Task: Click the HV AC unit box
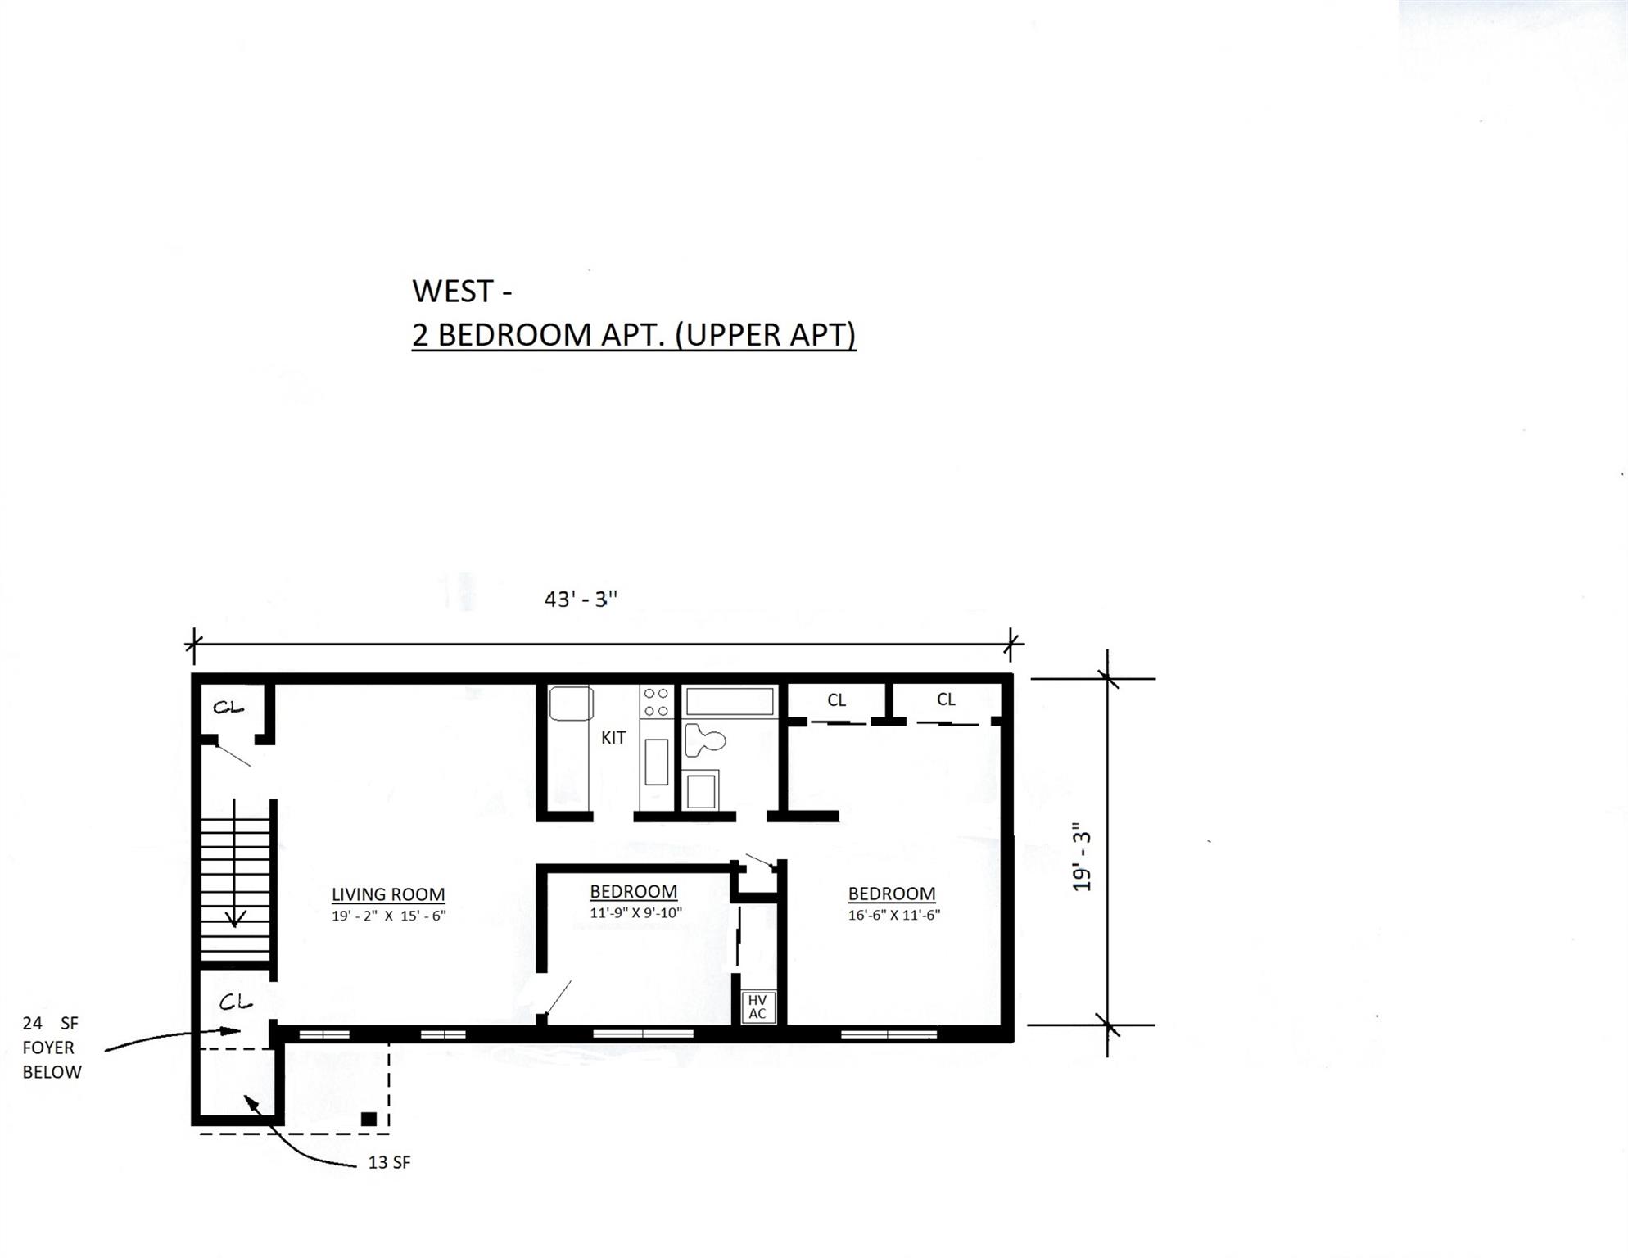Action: point(757,1007)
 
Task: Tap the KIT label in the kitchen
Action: point(613,738)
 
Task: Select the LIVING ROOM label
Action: point(388,894)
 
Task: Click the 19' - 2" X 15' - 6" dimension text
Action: point(388,916)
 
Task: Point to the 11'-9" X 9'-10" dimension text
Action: point(635,912)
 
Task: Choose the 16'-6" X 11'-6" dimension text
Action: point(893,915)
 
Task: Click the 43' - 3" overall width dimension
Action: point(581,600)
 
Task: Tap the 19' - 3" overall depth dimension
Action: point(1082,857)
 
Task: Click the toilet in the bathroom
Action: point(703,740)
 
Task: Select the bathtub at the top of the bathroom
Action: point(729,702)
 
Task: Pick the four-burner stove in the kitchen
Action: point(656,702)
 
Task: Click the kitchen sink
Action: point(571,704)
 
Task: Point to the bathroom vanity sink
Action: point(701,790)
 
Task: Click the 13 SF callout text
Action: point(389,1162)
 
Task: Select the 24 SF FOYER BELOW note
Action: point(52,1048)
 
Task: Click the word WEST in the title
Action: point(452,292)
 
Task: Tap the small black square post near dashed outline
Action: point(369,1119)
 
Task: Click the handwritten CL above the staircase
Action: point(228,707)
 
